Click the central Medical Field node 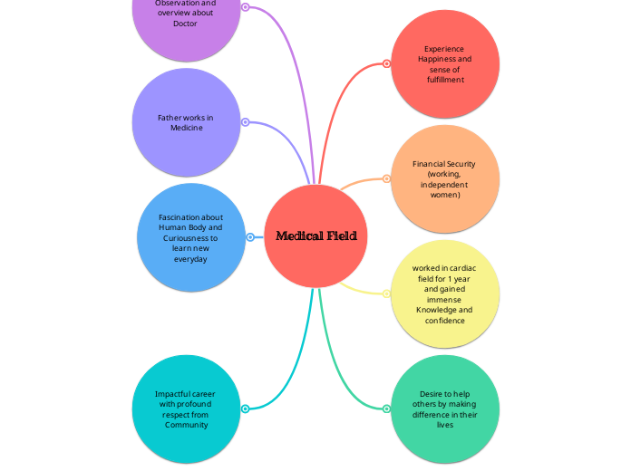click(x=316, y=236)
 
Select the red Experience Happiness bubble click(x=444, y=63)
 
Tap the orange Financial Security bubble click(x=444, y=179)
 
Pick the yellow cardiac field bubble click(x=444, y=294)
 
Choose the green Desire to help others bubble click(x=444, y=409)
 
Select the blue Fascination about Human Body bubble click(x=190, y=237)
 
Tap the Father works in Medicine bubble click(x=186, y=122)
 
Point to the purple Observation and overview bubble click(x=186, y=18)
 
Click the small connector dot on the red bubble click(x=387, y=63)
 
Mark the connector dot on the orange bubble click(x=387, y=179)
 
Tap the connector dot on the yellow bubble click(x=387, y=293)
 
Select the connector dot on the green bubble click(x=387, y=409)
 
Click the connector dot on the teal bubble click(x=245, y=409)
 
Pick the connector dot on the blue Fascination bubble click(x=249, y=237)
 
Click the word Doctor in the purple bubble click(x=185, y=24)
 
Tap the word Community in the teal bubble click(x=186, y=425)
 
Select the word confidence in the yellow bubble click(x=444, y=321)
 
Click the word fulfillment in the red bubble click(x=445, y=80)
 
